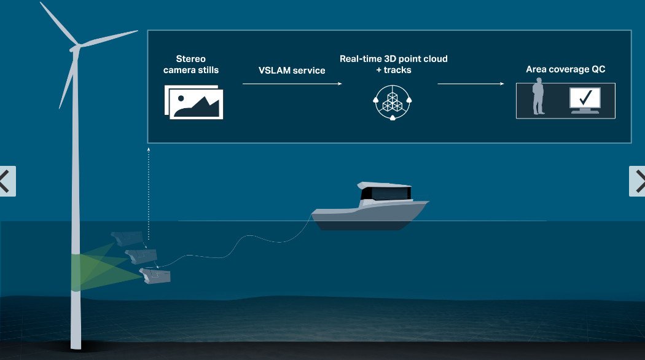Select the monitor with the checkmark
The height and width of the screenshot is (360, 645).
(x=584, y=100)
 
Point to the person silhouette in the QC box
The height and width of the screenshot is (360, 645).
(x=539, y=97)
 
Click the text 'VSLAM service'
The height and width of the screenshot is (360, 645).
(x=292, y=70)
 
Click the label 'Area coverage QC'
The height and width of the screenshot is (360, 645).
(x=565, y=69)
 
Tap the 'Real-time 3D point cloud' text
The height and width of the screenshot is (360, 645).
(x=393, y=59)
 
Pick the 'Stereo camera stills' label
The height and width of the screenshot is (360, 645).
(x=191, y=65)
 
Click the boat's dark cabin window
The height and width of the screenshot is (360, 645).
(x=386, y=194)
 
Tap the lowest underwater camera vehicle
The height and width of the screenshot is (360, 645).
(x=155, y=276)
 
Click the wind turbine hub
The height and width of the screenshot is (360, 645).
(x=76, y=47)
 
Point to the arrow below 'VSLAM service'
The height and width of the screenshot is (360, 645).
(x=292, y=84)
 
